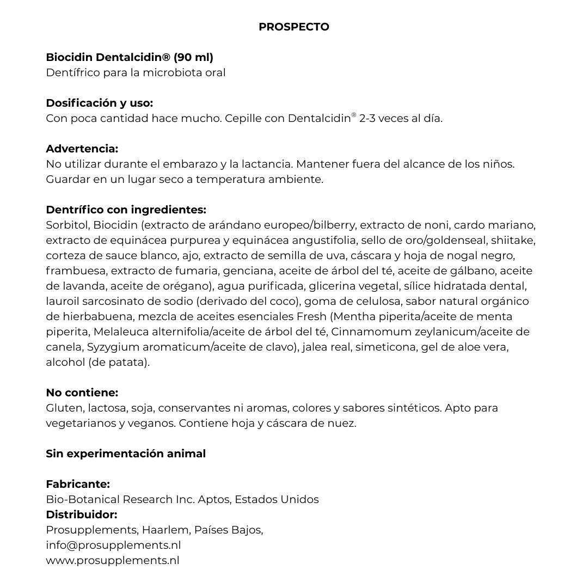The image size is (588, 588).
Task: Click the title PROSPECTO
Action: pos(293,27)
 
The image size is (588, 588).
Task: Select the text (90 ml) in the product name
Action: pos(193,57)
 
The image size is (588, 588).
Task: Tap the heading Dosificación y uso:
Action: pos(99,103)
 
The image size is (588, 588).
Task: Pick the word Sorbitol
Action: pos(68,225)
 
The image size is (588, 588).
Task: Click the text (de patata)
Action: pos(119,362)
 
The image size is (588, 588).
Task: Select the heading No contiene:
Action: pos(82,393)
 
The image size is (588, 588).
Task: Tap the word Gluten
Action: pos(64,408)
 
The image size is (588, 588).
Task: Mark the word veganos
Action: pos(155,423)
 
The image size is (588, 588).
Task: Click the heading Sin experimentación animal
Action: pos(126,454)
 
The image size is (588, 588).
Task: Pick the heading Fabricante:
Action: pos(78,484)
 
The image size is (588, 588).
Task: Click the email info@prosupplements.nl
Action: pos(113,545)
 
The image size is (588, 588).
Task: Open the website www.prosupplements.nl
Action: pos(113,560)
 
